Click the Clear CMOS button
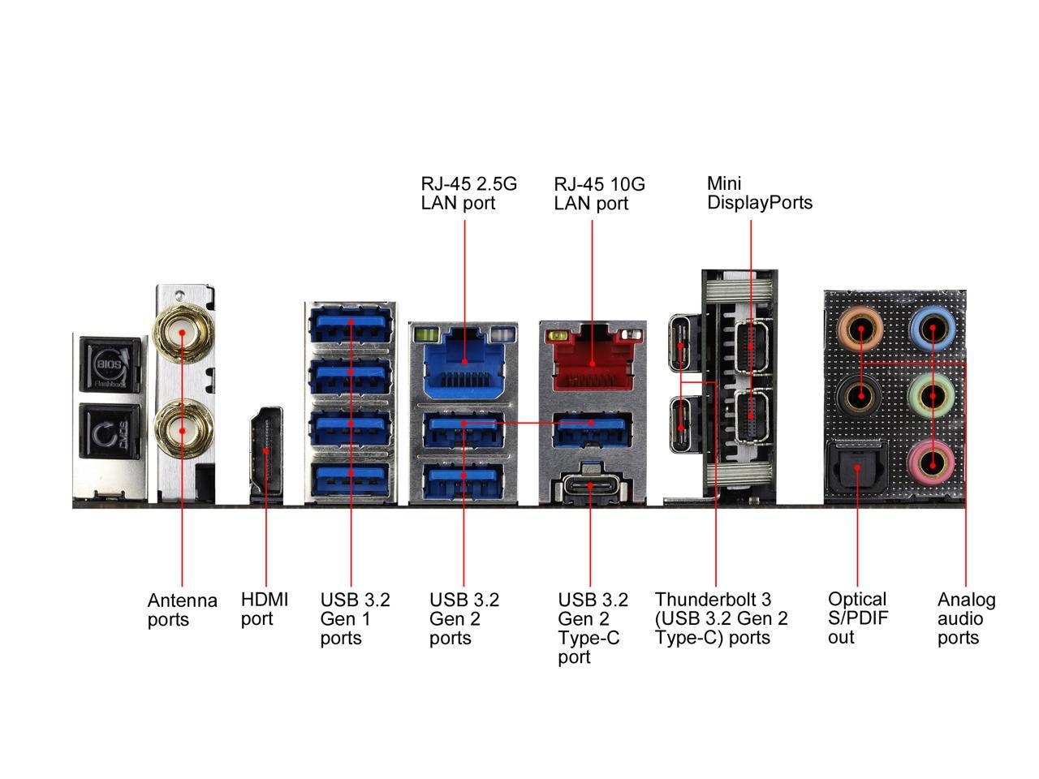[x=109, y=435]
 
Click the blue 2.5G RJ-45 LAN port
[x=464, y=362]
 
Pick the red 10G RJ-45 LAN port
[x=592, y=362]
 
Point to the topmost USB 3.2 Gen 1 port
[x=350, y=323]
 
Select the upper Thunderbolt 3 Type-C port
[x=680, y=343]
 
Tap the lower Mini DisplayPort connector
[x=751, y=416]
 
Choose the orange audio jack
[x=860, y=329]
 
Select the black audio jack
[x=860, y=397]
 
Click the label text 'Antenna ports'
[x=183, y=610]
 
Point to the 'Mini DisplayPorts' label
[x=759, y=193]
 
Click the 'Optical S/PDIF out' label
[x=857, y=618]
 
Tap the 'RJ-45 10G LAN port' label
[x=599, y=194]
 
